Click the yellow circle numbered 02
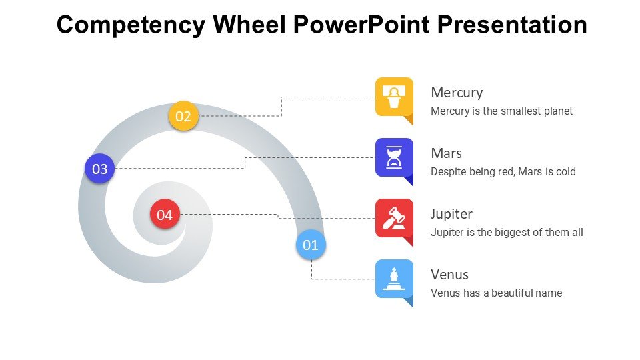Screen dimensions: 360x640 (x=183, y=117)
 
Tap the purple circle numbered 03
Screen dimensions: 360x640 (x=100, y=169)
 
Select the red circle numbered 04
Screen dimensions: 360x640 (x=165, y=215)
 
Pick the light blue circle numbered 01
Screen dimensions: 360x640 (x=311, y=245)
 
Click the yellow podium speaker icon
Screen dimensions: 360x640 (x=394, y=97)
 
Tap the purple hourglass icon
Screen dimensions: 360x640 (x=394, y=157)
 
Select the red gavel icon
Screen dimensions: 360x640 (x=394, y=218)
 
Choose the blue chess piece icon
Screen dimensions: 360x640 (x=394, y=279)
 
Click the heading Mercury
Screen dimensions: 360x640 (x=457, y=93)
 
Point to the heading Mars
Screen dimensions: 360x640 (x=446, y=153)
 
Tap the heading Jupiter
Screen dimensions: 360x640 (x=451, y=214)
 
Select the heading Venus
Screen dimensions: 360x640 (x=449, y=275)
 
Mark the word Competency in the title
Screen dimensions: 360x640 (x=131, y=25)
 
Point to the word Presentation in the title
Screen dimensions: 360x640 (x=512, y=25)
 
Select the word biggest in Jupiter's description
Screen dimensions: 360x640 (x=509, y=233)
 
